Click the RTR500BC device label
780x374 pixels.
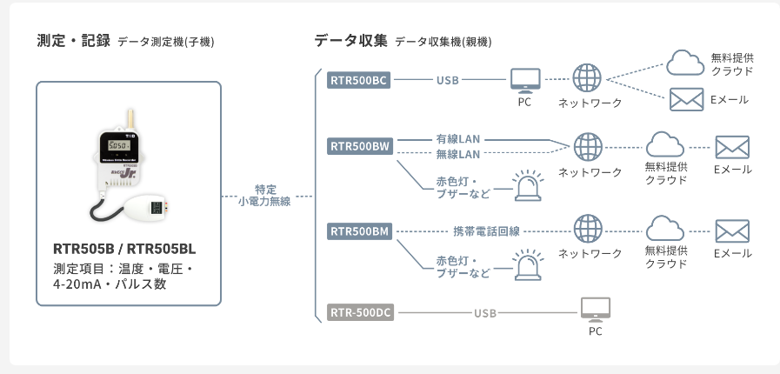coord(359,81)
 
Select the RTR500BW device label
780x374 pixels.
coord(359,146)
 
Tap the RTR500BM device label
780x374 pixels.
coord(359,231)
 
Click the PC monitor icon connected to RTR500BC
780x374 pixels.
coord(524,82)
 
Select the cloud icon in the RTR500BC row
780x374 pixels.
coord(684,61)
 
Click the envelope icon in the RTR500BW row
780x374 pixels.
coord(731,146)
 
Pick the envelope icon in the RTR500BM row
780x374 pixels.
coord(731,230)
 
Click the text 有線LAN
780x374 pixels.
coord(457,139)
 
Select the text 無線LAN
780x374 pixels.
coord(457,154)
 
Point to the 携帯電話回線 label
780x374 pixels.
coord(486,231)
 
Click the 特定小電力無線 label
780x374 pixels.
coord(266,195)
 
